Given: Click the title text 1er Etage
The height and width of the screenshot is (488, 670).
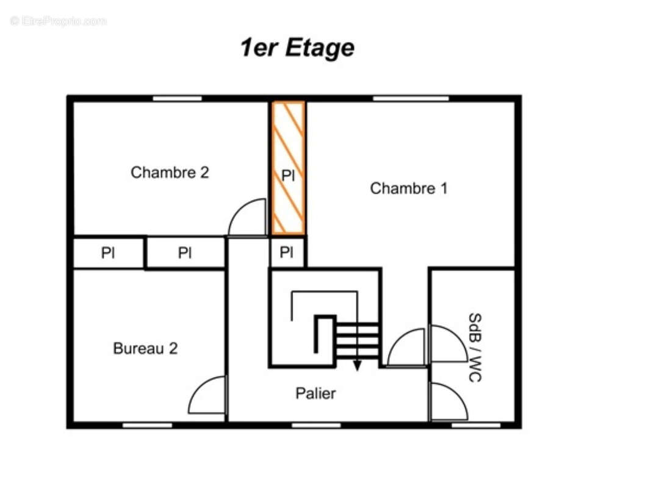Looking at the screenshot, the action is [297, 48].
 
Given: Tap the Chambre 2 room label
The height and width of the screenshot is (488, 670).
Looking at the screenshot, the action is [170, 173].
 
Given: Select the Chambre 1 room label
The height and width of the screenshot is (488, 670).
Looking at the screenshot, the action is [408, 188].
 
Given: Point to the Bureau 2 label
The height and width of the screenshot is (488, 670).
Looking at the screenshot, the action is [145, 348].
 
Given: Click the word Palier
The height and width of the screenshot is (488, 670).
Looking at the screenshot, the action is [315, 393].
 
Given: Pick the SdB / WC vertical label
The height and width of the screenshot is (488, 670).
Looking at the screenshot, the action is [475, 348].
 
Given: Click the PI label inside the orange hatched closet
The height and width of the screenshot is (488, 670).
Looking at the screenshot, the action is [288, 175].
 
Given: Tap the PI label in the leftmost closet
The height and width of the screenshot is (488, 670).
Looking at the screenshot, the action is [107, 253].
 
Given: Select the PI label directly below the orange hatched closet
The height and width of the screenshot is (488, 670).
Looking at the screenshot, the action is [286, 252].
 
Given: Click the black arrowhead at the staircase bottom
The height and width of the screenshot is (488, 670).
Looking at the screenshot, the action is [357, 366].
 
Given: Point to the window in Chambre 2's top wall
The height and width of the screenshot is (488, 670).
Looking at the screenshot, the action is [177, 99].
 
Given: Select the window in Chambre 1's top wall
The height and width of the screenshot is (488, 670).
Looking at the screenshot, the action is [411, 99].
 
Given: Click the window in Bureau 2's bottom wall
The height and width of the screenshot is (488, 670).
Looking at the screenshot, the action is [147, 425].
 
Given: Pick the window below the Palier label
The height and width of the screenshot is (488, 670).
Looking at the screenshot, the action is [316, 425].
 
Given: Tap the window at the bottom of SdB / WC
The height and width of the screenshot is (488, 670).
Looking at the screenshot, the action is [475, 425].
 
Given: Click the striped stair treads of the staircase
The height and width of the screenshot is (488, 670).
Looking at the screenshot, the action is [357, 340].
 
